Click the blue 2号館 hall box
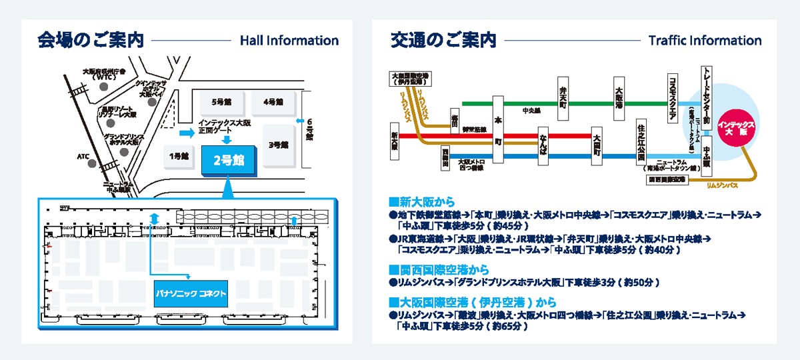point(228,161)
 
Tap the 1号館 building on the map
point(179,157)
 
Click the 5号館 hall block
point(221,102)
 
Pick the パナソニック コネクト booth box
point(191,293)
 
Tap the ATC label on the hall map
point(83,157)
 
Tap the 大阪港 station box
point(619,98)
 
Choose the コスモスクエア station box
point(672,99)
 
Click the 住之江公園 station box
point(641,142)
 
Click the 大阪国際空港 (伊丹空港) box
point(409,79)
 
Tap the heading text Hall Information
point(289,41)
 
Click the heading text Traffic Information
point(705,41)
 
